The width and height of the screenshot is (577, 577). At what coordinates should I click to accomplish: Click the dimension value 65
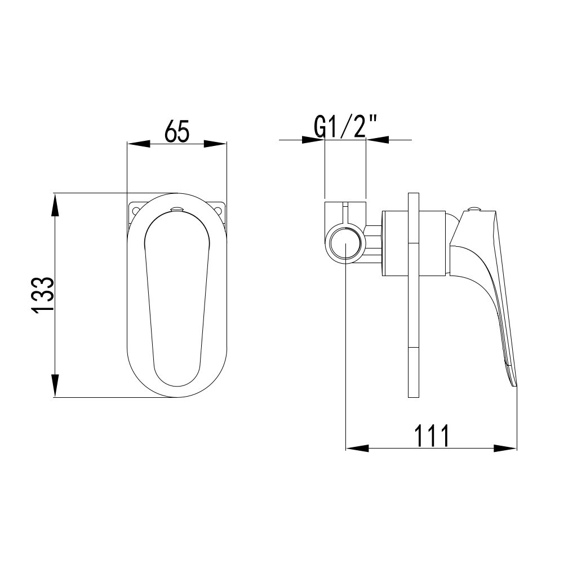[177, 132]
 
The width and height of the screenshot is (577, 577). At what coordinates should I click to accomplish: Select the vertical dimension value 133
[43, 295]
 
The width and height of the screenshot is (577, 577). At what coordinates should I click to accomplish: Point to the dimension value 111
[431, 436]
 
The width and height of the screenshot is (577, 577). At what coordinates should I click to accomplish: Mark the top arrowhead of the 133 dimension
[55, 204]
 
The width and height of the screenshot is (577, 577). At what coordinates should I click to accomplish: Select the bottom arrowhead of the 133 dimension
[55, 387]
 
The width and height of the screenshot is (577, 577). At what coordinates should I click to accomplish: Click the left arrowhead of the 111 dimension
[356, 449]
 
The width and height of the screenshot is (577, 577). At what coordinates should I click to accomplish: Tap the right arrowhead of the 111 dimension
[505, 449]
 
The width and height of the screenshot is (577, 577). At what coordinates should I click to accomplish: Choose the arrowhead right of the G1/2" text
[378, 140]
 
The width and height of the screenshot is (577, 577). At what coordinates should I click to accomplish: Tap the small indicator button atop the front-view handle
[177, 209]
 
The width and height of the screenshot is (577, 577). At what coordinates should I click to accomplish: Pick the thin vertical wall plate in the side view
[412, 295]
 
